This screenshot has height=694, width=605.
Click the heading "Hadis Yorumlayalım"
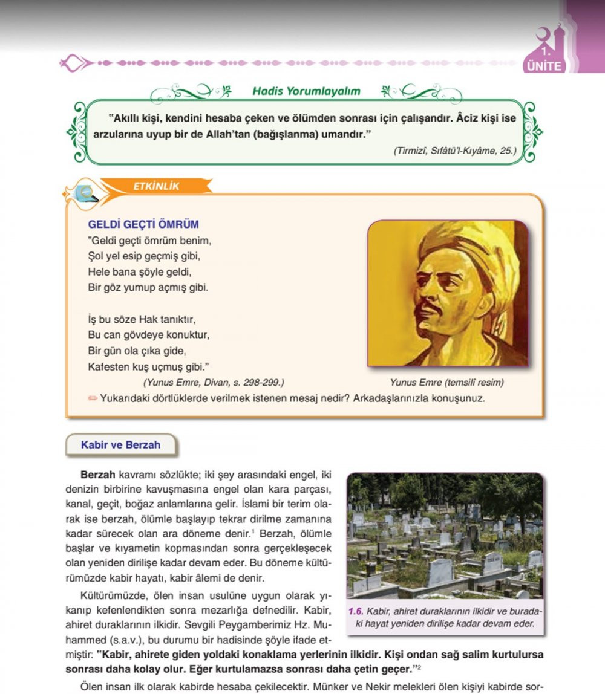pos(306,91)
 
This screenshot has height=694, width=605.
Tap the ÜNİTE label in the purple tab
pos(544,66)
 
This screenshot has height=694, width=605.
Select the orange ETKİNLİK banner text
pos(156,187)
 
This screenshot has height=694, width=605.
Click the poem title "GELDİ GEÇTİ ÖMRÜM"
pos(143,224)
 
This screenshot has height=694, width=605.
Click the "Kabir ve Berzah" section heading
pos(120,445)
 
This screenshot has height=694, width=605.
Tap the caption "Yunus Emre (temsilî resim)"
pos(447,383)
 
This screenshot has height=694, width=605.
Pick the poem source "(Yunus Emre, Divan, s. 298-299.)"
pos(214,383)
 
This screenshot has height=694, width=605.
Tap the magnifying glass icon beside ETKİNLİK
pos(86,193)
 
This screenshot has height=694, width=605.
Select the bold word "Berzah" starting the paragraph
pos(98,475)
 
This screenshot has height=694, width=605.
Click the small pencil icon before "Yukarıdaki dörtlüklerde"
pos(93,398)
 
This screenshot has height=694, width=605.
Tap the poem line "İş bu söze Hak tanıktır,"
pos(143,319)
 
